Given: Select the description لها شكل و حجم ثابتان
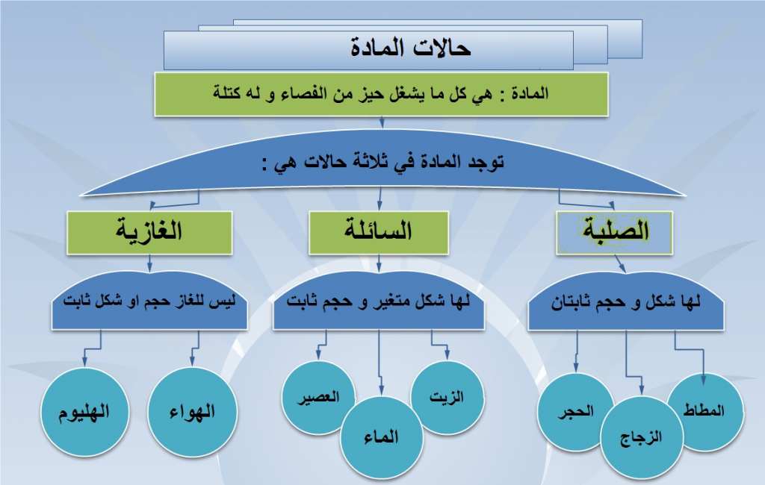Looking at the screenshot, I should [627, 304].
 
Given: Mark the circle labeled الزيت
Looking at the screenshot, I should [447, 396].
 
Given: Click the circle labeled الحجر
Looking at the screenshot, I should [576, 411].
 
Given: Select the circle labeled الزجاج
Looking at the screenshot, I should [642, 437].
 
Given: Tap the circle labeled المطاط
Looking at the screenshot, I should [704, 411].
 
